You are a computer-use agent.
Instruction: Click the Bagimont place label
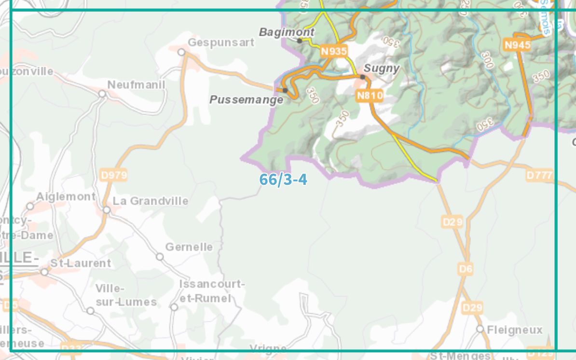(x=287, y=32)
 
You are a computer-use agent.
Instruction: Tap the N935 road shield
(x=334, y=51)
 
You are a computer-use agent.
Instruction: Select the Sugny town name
(x=382, y=68)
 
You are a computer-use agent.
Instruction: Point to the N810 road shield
(x=370, y=96)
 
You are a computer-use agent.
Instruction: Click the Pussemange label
(x=247, y=100)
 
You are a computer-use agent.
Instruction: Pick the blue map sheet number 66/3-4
(x=283, y=180)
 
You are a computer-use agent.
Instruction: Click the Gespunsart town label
(x=221, y=42)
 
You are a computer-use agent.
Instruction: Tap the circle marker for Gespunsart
(x=181, y=52)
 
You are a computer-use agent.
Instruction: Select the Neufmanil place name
(x=136, y=85)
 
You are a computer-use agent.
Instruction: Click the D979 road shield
(x=114, y=175)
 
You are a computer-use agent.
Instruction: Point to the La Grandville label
(x=151, y=201)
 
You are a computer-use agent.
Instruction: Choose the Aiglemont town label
(x=66, y=196)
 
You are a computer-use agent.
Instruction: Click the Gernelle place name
(x=189, y=247)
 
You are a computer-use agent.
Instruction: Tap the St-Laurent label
(x=81, y=263)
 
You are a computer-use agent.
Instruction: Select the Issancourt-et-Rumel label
(x=212, y=291)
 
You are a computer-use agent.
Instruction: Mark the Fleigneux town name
(x=515, y=330)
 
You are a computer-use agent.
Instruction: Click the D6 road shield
(x=466, y=269)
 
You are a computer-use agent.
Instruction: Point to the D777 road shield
(x=539, y=175)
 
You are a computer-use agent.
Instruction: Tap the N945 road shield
(x=517, y=45)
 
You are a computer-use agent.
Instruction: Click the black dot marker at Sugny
(x=362, y=77)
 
